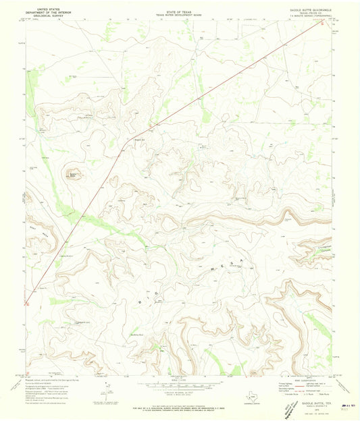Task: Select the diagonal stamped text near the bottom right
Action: click(x=290, y=407)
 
